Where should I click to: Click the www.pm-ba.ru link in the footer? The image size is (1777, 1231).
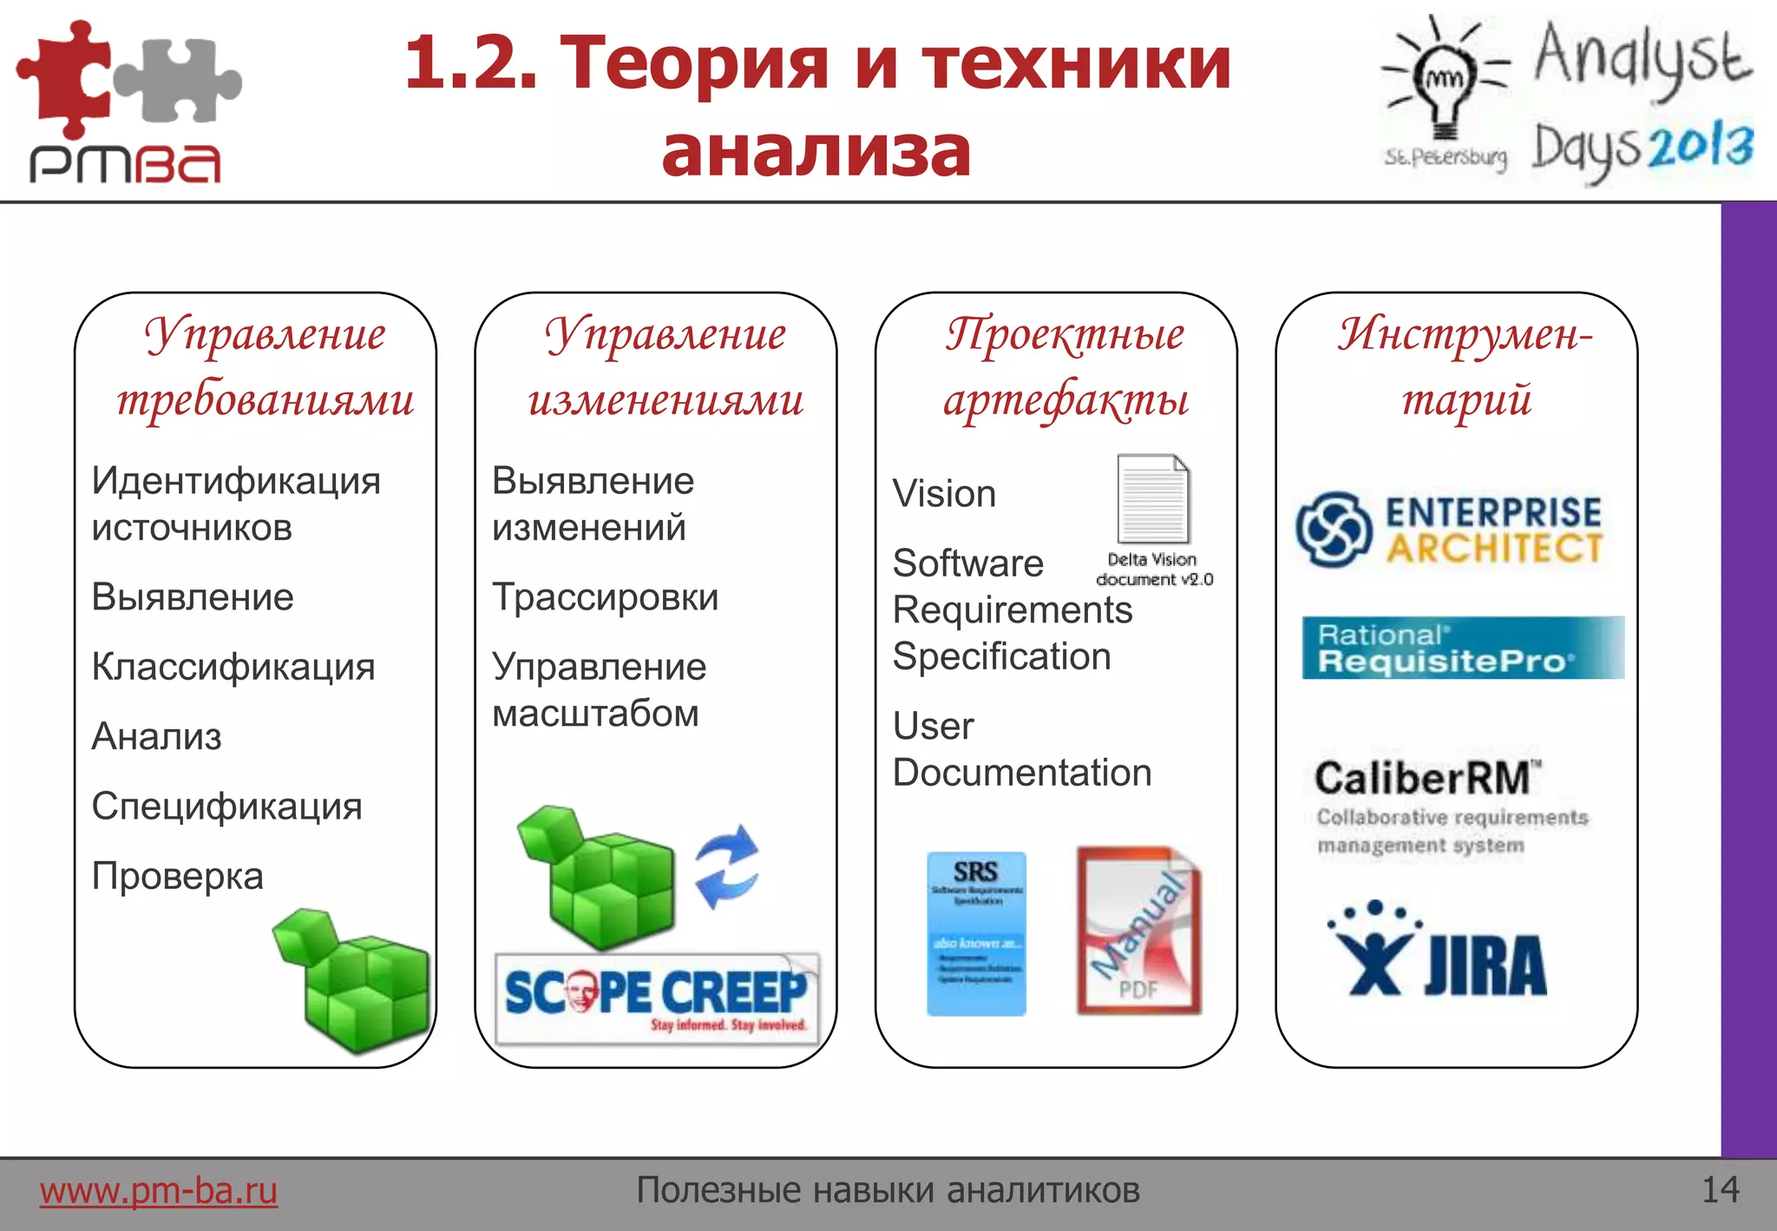tap(158, 1190)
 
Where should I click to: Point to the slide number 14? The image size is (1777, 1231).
tap(1720, 1189)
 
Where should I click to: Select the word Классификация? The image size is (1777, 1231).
tap(233, 667)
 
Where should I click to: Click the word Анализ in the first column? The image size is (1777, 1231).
tap(157, 736)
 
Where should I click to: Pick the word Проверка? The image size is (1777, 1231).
tap(178, 876)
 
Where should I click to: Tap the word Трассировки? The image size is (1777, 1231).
tap(605, 597)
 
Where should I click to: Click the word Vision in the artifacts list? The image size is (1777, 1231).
tap(944, 494)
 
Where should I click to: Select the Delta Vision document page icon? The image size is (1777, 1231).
tap(1153, 499)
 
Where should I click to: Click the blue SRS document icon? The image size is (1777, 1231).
tap(976, 933)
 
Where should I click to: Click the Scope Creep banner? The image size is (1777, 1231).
tap(657, 997)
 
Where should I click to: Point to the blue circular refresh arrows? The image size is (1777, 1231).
tap(727, 866)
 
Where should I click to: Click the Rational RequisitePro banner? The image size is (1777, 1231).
tap(1463, 648)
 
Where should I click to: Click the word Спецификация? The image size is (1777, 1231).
tap(227, 806)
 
